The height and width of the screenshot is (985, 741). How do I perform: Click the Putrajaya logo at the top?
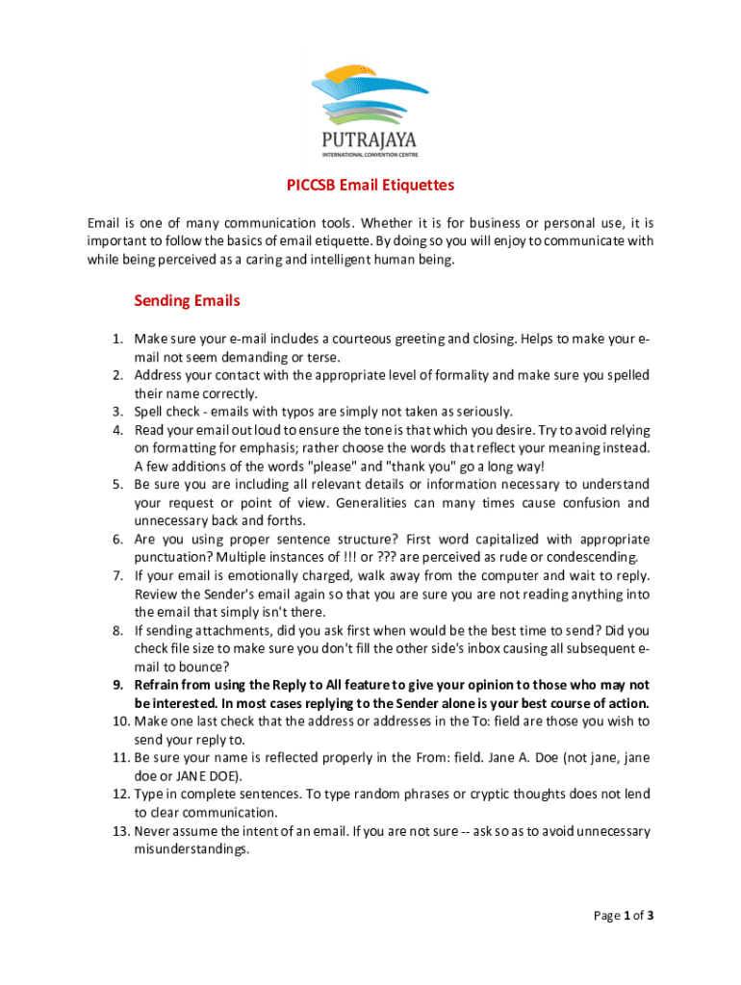[370, 108]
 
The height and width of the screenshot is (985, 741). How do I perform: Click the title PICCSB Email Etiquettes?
[370, 185]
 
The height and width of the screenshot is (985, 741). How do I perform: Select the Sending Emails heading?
[187, 301]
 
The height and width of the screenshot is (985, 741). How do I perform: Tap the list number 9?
[117, 685]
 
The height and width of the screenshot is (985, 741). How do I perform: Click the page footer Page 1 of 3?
[624, 916]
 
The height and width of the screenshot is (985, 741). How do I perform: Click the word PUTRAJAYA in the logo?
[370, 139]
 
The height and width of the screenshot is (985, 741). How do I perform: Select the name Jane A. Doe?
[522, 758]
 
